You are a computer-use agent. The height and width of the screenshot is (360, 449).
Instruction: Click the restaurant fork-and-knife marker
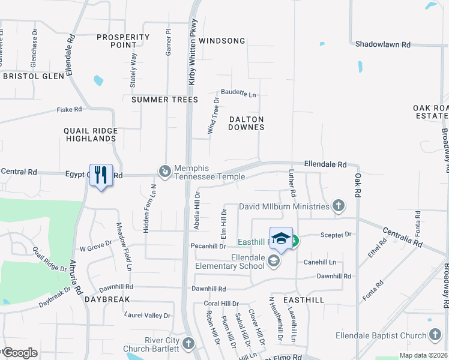click(x=101, y=175)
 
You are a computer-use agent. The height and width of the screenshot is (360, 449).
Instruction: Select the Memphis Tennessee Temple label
click(x=209, y=173)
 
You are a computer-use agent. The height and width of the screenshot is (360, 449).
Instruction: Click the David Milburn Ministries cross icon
click(x=339, y=206)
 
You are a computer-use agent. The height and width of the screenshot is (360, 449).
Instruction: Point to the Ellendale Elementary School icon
click(x=274, y=260)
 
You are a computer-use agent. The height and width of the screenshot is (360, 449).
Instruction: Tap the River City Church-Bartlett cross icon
click(x=188, y=344)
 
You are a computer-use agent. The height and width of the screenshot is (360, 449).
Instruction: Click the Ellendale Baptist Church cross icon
click(x=435, y=335)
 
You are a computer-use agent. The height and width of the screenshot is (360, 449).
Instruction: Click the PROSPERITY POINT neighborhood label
click(x=122, y=41)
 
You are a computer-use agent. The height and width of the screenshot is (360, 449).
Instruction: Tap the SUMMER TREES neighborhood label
click(x=164, y=99)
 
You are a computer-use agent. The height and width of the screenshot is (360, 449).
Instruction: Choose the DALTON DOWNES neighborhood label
click(x=247, y=123)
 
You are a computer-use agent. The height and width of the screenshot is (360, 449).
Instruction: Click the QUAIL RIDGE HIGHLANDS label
click(x=90, y=134)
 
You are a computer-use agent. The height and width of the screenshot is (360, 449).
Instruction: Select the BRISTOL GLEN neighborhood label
click(x=34, y=76)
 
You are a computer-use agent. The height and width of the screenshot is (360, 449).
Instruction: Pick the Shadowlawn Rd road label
click(x=382, y=44)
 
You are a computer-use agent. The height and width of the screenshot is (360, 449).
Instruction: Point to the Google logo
click(x=19, y=352)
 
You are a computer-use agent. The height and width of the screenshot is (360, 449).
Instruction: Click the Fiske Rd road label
click(x=69, y=110)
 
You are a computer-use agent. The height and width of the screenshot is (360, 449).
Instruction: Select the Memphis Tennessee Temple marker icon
click(x=164, y=172)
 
